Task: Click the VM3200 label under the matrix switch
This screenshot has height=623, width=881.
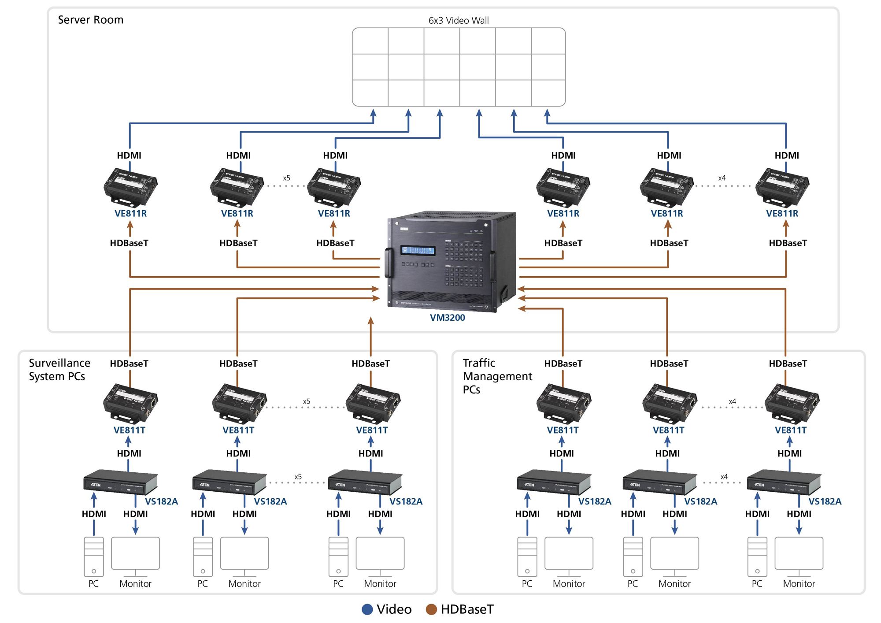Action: click(447, 317)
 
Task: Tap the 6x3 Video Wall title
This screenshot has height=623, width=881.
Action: click(458, 20)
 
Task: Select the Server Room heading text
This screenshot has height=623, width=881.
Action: click(90, 20)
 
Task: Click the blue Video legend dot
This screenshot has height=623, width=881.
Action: click(367, 609)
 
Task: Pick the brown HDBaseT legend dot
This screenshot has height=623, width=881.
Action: click(431, 609)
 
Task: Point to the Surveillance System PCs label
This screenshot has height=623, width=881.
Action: click(59, 369)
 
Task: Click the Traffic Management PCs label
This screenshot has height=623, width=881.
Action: click(497, 376)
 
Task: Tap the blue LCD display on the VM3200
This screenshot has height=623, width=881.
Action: click(417, 250)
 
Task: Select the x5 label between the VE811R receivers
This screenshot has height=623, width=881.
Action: click(286, 178)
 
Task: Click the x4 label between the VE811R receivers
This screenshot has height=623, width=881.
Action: click(722, 178)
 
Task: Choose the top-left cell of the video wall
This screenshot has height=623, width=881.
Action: click(370, 41)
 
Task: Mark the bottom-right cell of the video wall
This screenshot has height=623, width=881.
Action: click(548, 93)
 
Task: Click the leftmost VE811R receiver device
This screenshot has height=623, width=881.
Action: click(130, 187)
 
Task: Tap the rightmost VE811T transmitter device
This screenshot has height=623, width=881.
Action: click(792, 404)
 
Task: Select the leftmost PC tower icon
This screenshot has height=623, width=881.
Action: click(94, 556)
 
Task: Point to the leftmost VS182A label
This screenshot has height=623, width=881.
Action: click(161, 501)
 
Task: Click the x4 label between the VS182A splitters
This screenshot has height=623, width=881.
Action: click(724, 477)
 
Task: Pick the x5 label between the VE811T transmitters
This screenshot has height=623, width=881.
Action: click(306, 401)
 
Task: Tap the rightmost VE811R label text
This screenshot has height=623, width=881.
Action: click(782, 213)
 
